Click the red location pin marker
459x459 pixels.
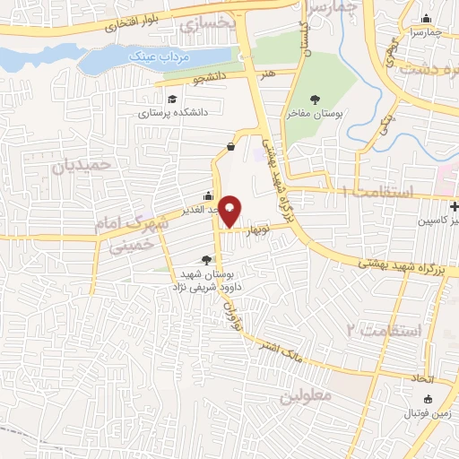[230, 210]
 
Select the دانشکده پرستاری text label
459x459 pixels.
[176, 113]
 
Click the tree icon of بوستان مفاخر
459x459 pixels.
[314, 100]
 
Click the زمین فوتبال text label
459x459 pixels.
[427, 414]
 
